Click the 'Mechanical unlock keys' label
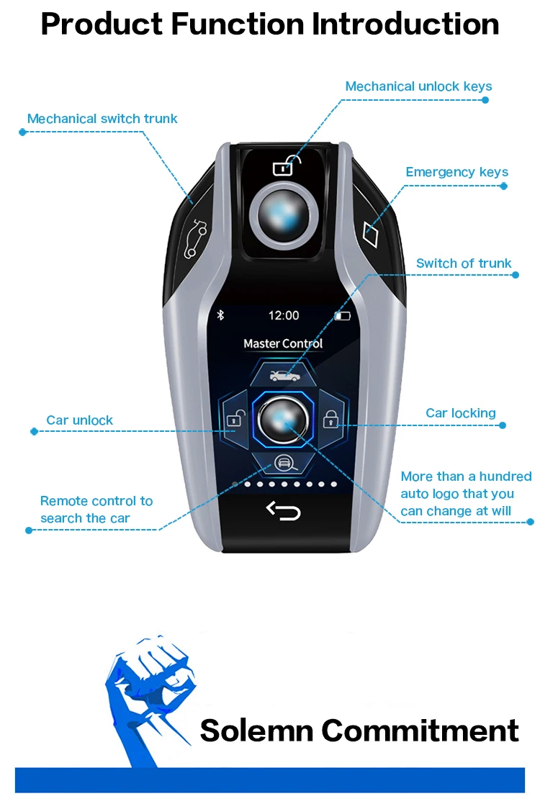418,86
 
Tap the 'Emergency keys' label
456,172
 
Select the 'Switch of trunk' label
464,263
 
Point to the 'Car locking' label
461,413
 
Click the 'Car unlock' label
79,420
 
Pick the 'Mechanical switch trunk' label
102,119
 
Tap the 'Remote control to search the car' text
96,510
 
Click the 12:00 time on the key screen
284,315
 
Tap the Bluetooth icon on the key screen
222,315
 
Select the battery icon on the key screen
342,315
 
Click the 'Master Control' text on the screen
283,344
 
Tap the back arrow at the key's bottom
284,510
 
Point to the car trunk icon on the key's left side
194,240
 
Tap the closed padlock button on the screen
330,419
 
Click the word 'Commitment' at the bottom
420,730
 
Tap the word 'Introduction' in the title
405,24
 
